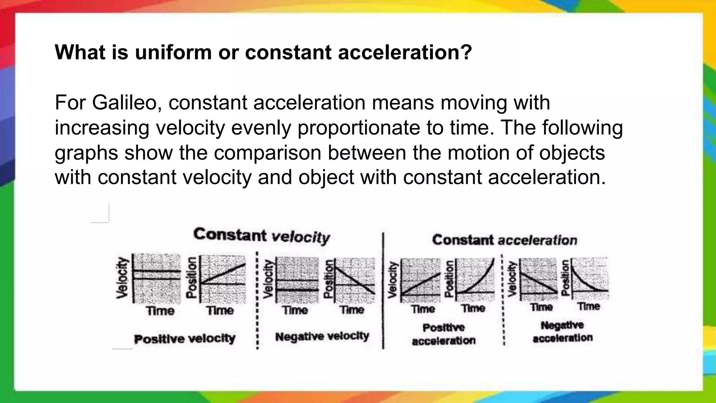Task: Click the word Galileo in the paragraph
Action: (x=124, y=103)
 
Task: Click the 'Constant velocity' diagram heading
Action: (x=262, y=236)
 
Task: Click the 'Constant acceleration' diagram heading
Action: (x=504, y=240)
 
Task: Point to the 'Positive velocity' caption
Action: (x=185, y=339)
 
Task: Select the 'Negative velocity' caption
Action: (x=322, y=337)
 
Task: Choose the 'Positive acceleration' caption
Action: (x=444, y=334)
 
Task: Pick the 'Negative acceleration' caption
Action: (x=562, y=331)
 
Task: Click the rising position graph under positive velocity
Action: (x=222, y=279)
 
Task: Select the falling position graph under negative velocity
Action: (x=354, y=279)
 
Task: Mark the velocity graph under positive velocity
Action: (x=157, y=279)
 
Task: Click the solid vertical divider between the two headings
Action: (x=383, y=290)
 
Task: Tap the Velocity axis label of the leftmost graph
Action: (x=122, y=278)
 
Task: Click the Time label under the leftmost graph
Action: (x=160, y=311)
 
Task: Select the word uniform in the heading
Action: (x=173, y=52)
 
